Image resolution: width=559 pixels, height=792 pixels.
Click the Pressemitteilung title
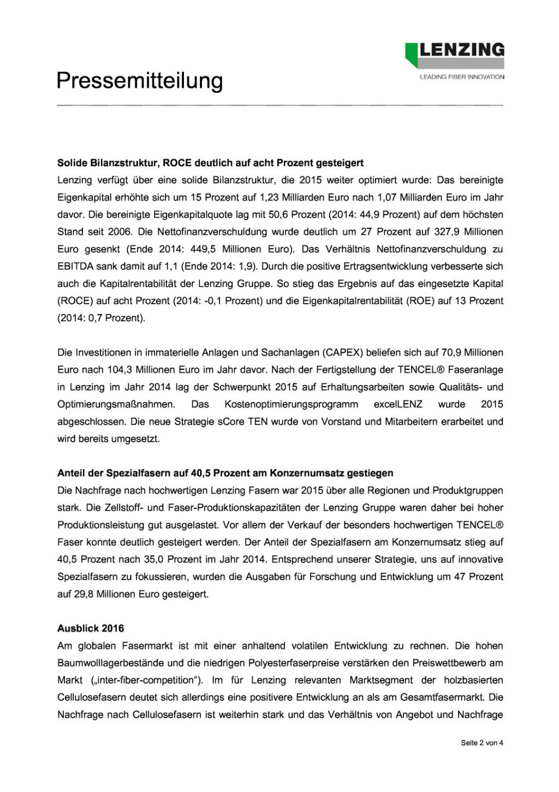[x=140, y=81]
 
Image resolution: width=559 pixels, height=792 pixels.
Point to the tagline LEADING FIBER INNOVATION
[x=462, y=77]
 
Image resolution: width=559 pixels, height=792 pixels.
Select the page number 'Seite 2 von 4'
[x=482, y=743]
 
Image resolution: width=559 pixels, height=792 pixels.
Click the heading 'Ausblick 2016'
[x=91, y=629]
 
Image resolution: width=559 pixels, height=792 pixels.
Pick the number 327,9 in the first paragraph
[x=447, y=232]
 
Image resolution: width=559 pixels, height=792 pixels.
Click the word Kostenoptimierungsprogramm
[x=292, y=405]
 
